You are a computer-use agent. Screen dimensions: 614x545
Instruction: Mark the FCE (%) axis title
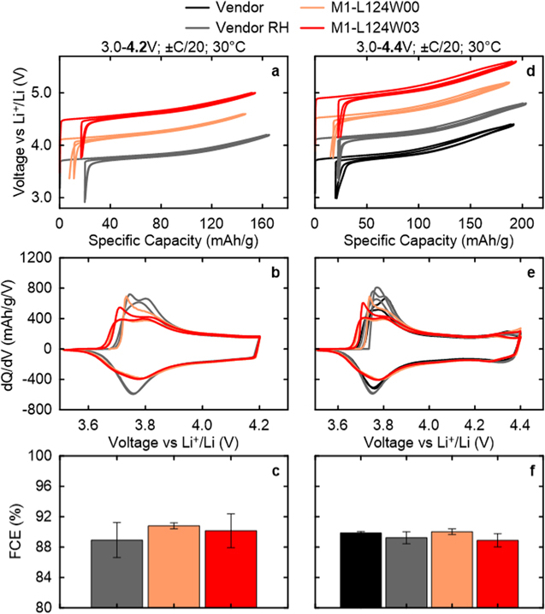18,531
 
